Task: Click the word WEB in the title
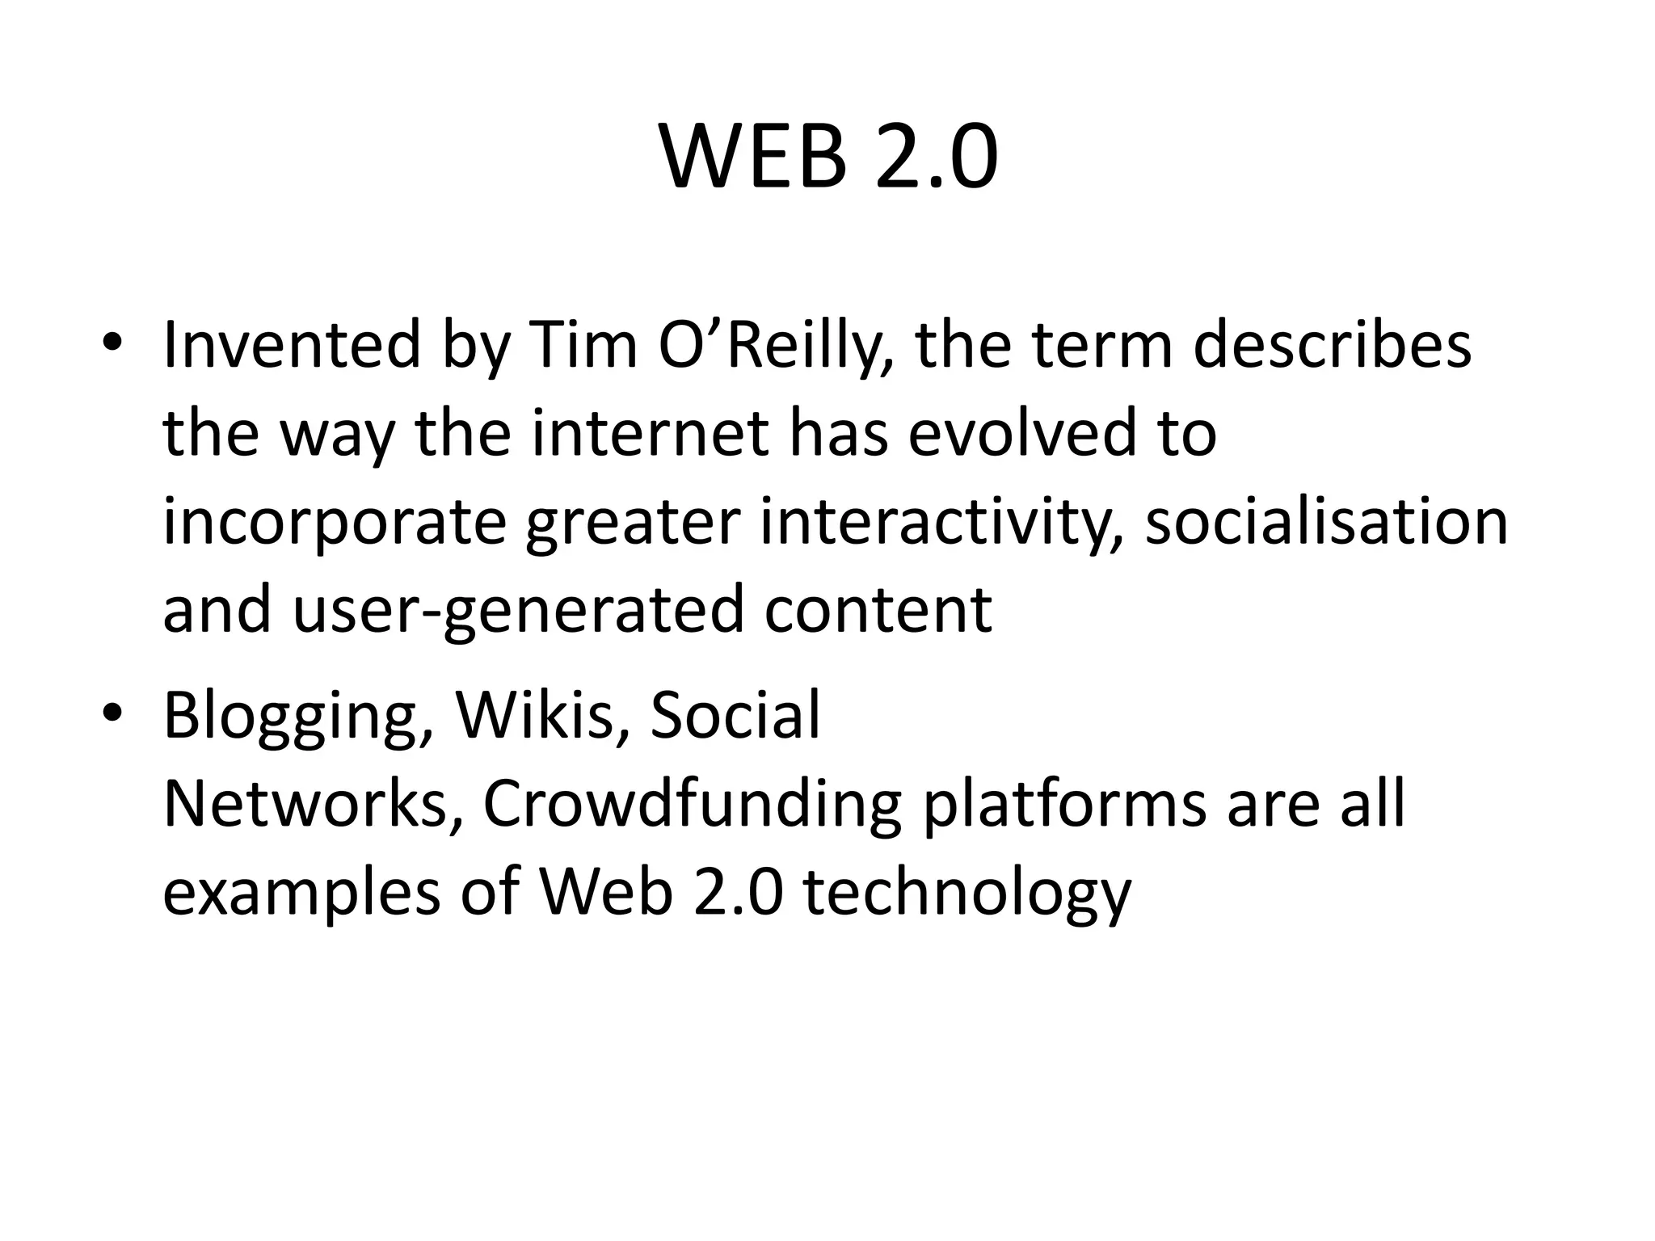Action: [754, 158]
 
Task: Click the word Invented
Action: [292, 346]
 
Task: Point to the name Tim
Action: [582, 346]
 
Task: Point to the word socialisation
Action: [1326, 523]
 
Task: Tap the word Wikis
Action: [541, 716]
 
